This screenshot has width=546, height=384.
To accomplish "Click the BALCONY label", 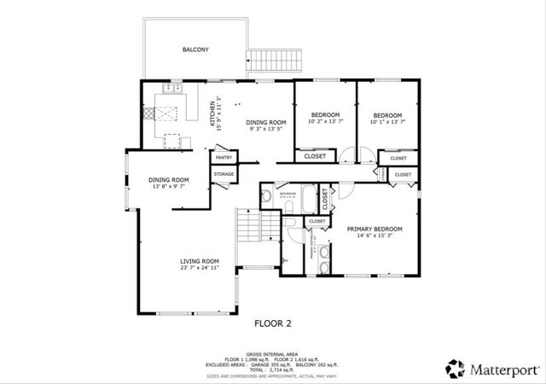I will coord(195,49).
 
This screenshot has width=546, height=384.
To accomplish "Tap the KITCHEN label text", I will coord(213,114).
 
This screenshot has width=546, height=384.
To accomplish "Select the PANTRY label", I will coord(224,158).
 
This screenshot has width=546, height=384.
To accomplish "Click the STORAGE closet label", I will coord(224,174).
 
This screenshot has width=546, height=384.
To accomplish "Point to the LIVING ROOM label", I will coord(199,261).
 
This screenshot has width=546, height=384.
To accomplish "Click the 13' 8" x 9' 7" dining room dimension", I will coord(168,187).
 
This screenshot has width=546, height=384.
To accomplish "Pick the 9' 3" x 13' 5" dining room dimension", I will coord(264,130).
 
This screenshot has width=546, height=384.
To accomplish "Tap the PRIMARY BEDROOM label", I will coord(374,230).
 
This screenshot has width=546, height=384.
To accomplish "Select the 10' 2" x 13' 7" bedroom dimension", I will coord(325,122).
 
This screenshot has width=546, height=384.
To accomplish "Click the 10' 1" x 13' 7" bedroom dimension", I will coord(386,122).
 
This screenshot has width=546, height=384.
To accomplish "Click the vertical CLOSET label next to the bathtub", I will coord(325,198).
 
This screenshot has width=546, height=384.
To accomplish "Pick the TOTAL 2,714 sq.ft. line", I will coord(273,367).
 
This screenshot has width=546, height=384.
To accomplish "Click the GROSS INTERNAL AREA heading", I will coord(273,352).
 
